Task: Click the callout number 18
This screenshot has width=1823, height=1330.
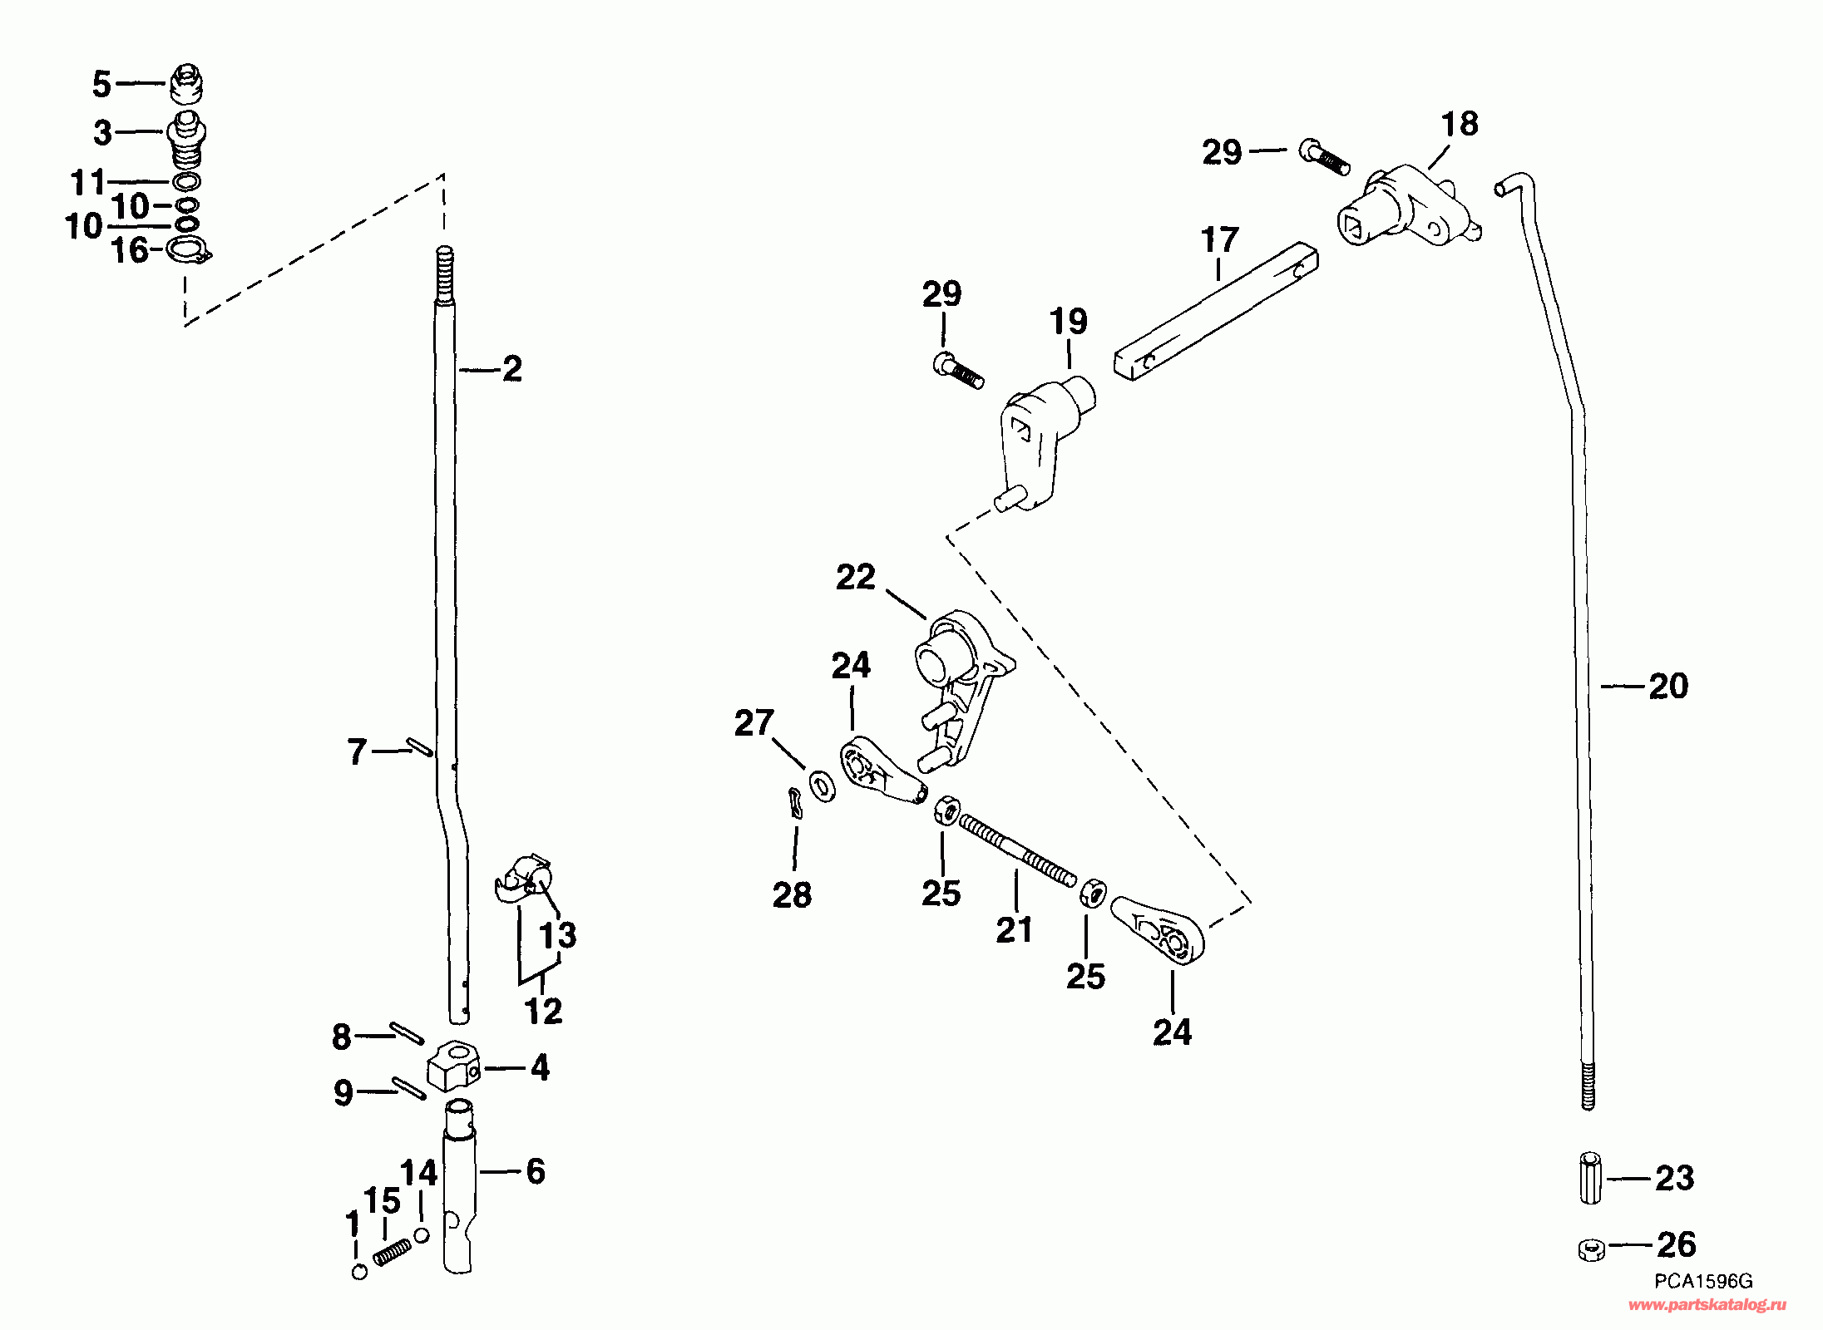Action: click(x=1460, y=124)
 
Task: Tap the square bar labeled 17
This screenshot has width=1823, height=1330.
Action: click(x=1214, y=316)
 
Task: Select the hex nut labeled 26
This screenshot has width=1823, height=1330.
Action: click(x=1590, y=1249)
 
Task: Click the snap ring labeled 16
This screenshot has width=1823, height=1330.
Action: click(x=189, y=249)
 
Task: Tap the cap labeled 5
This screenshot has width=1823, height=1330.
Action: click(x=187, y=83)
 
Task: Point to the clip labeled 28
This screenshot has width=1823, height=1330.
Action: click(x=795, y=804)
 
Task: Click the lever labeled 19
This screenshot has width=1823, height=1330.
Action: click(x=1040, y=441)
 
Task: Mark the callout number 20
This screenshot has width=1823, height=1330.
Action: click(x=1668, y=687)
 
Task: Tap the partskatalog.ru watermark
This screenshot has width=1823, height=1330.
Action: click(x=1707, y=1305)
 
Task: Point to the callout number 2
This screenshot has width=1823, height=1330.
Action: click(x=512, y=369)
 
